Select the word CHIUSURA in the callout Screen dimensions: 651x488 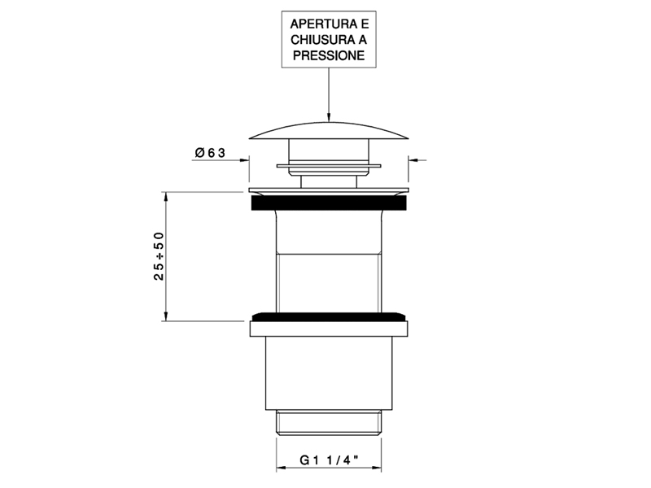[319, 40]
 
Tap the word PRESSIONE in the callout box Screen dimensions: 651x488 [329, 55]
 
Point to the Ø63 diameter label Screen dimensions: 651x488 [210, 153]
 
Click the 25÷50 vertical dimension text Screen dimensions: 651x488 [159, 256]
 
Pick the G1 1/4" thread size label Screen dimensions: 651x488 [329, 460]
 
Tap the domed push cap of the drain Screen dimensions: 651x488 [329, 131]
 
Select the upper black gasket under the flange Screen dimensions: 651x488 [329, 203]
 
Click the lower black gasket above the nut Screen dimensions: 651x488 [329, 316]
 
